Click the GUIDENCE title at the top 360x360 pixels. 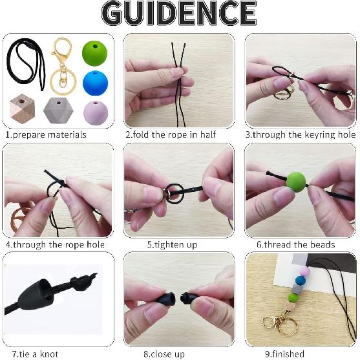[179, 14]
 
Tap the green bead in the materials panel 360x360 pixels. [96, 52]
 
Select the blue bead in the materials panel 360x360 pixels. [95, 82]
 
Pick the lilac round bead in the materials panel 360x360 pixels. [96, 112]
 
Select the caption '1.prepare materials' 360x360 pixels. [46, 135]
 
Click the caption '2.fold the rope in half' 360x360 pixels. [170, 135]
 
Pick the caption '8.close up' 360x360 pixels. [165, 354]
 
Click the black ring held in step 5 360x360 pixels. [175, 193]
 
